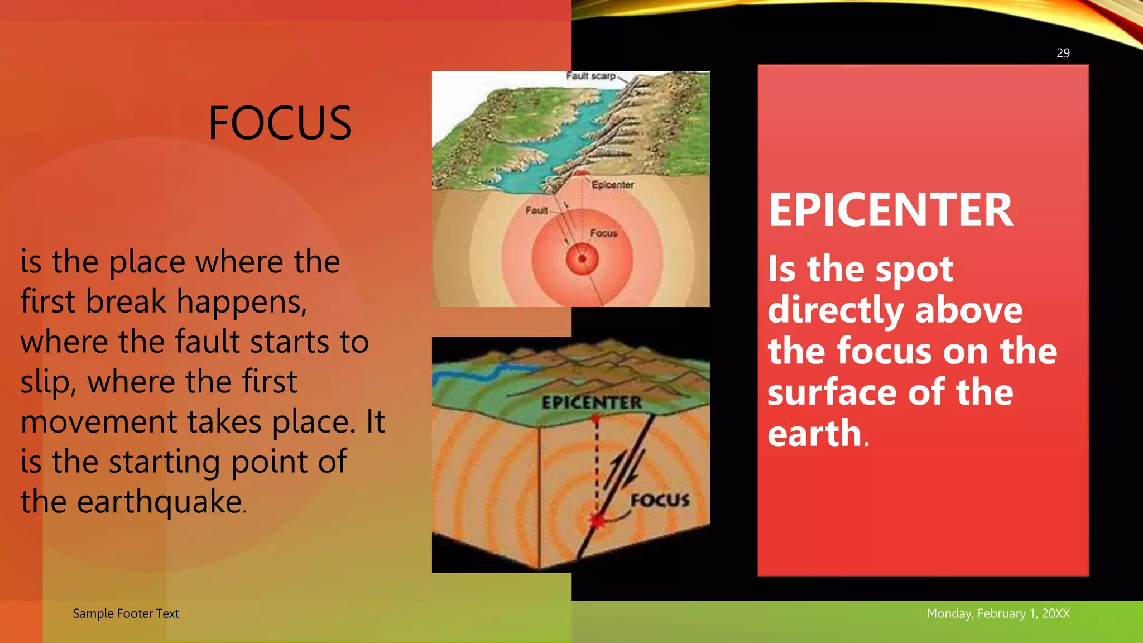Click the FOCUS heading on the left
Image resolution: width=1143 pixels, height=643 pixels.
point(280,123)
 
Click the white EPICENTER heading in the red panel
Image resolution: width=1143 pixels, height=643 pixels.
point(891,210)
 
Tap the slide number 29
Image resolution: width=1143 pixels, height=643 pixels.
point(1063,53)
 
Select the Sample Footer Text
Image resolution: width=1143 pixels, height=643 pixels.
point(126,613)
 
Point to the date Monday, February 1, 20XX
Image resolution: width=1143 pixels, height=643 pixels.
point(998,613)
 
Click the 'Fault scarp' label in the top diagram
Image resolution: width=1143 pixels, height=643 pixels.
point(590,76)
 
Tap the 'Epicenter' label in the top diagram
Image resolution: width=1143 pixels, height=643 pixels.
point(612,185)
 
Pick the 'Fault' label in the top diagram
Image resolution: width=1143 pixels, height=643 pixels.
point(536,210)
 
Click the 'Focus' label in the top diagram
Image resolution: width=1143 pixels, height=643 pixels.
point(603,233)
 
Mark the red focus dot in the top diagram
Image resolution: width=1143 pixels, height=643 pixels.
point(582,259)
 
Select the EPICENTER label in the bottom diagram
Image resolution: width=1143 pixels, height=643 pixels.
point(592,402)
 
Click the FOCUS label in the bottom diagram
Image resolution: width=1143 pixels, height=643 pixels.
point(660,500)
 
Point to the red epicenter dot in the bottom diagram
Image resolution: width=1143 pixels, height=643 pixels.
point(595,418)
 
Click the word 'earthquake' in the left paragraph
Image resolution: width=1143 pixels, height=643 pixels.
point(159,502)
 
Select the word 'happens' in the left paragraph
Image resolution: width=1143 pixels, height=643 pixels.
point(241,302)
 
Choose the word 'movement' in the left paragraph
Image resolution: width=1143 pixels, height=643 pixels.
point(98,422)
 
